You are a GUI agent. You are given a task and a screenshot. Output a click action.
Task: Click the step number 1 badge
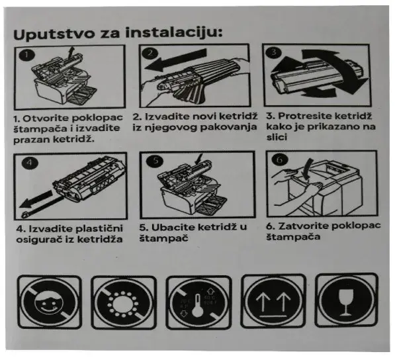click(x=24, y=56)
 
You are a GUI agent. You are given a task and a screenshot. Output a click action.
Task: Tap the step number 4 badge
click(x=29, y=161)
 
